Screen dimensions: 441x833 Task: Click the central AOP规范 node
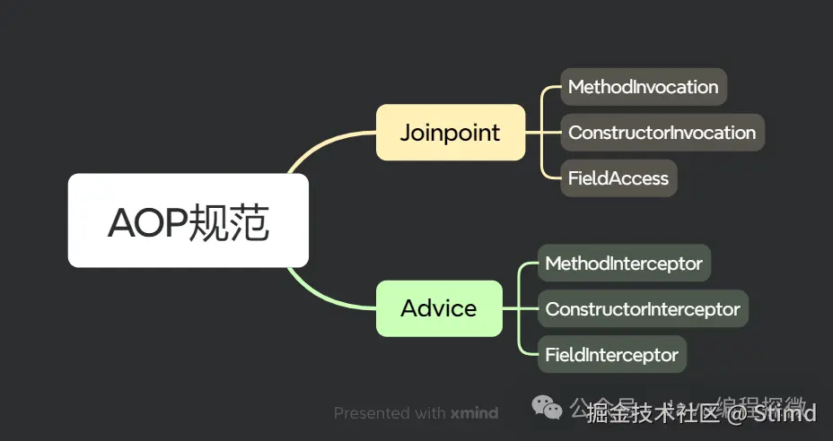(189, 220)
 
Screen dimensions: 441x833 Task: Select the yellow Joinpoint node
(450, 133)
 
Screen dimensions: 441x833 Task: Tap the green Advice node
(438, 308)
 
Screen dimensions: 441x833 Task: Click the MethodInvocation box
(643, 87)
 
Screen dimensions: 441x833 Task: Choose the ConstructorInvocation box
(662, 133)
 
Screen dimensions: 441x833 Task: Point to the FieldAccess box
(618, 177)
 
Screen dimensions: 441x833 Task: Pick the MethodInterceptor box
(623, 264)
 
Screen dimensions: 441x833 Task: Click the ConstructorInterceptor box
(642, 308)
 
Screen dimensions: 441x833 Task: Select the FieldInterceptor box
(611, 354)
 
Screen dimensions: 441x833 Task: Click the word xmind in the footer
(474, 413)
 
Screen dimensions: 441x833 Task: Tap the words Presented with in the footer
(389, 413)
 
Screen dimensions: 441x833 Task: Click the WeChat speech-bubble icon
(548, 409)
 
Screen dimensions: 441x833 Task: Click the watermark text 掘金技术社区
(654, 413)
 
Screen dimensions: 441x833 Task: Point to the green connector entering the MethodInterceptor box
(528, 264)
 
